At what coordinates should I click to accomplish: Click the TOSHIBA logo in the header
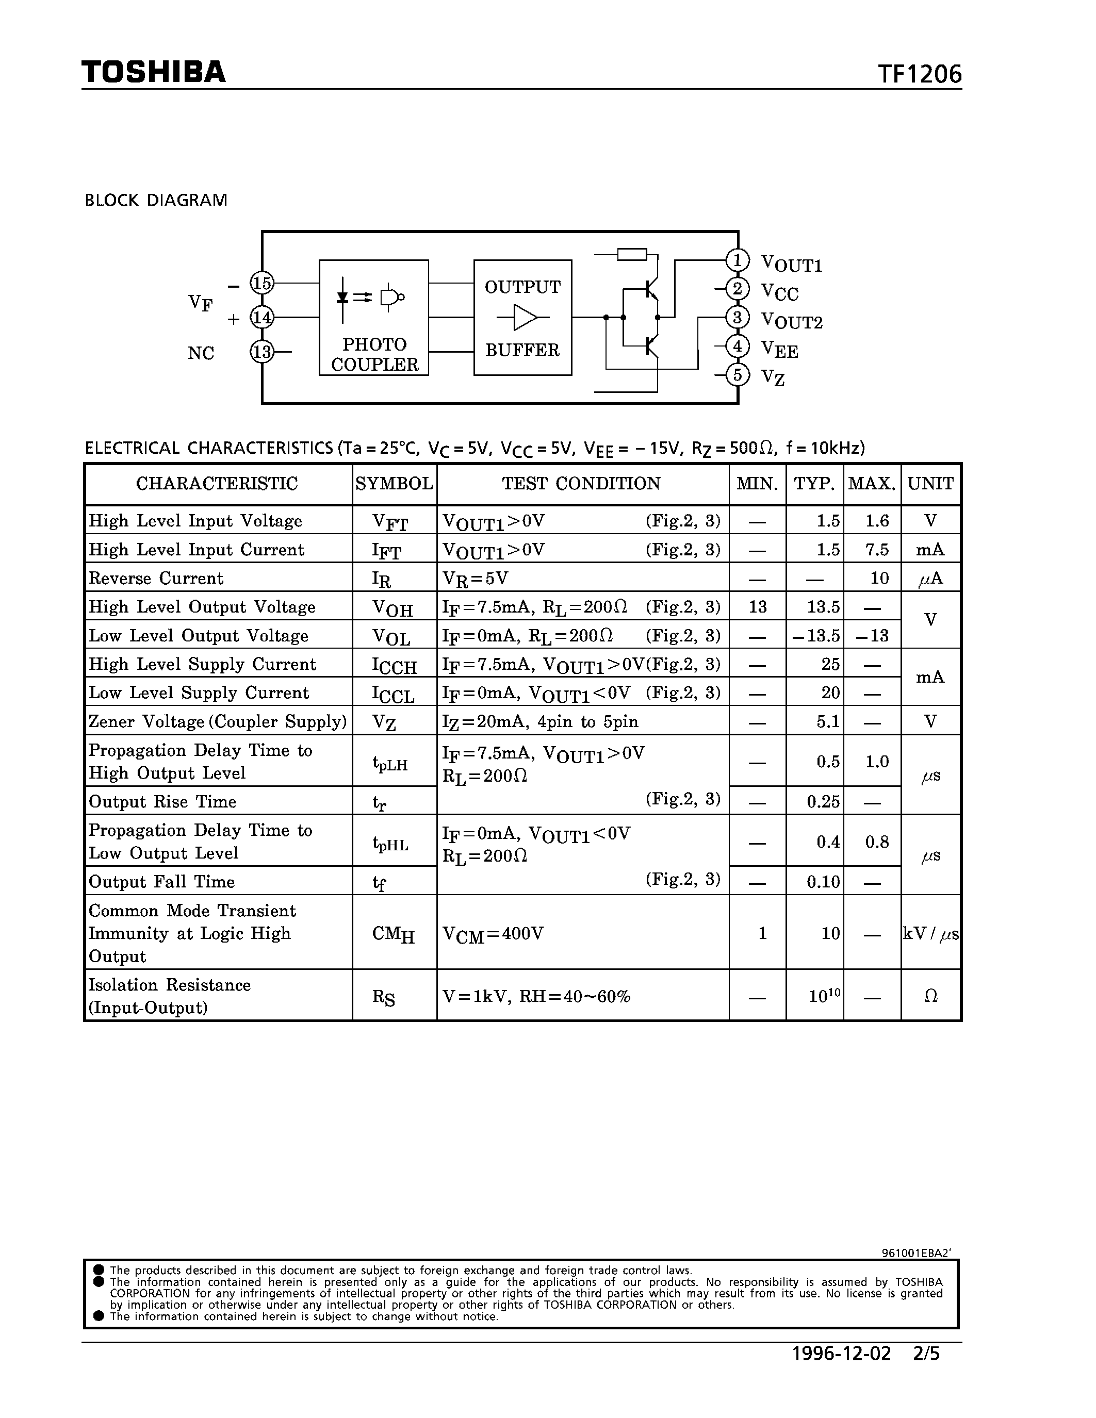coord(153,72)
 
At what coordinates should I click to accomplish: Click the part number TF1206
coord(920,75)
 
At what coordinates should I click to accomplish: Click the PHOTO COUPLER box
coord(374,318)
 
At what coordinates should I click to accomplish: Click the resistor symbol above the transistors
coord(631,254)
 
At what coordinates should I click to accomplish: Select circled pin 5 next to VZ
coord(737,375)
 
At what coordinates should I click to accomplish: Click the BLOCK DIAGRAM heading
coord(156,200)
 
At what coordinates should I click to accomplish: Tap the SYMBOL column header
coord(394,484)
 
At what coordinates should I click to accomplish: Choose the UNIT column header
coord(930,484)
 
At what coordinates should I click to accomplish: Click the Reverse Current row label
coord(156,578)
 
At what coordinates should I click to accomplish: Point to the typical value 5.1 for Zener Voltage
coord(828,721)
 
